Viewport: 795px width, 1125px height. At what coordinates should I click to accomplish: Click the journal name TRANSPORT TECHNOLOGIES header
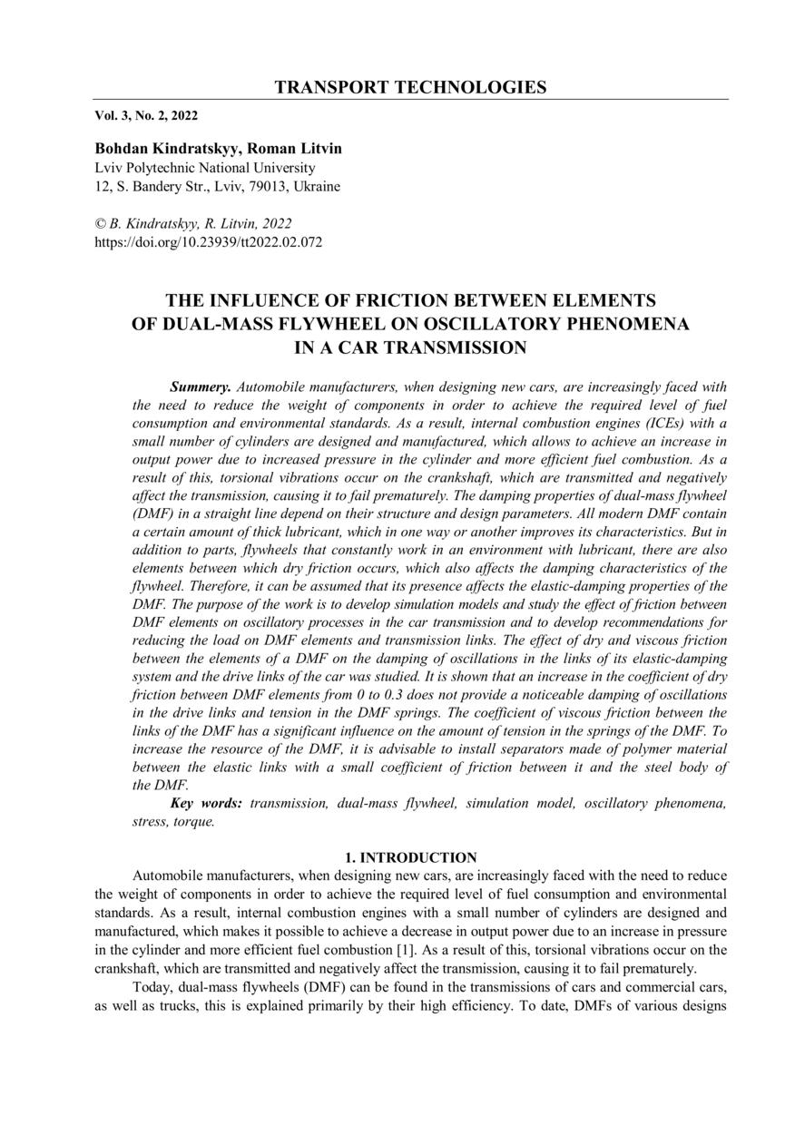[x=410, y=87]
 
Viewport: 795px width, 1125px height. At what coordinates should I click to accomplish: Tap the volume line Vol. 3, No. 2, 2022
[x=146, y=115]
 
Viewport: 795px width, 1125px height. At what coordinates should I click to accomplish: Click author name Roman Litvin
[x=298, y=149]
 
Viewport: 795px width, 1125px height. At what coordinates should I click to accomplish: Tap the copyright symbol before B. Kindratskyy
[x=101, y=223]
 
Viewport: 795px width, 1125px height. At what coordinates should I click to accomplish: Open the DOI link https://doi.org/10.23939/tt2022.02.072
[x=209, y=242]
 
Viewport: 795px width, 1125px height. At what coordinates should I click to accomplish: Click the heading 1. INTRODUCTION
[x=411, y=857]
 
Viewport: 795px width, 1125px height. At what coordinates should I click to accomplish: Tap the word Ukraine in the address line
[x=315, y=187]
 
